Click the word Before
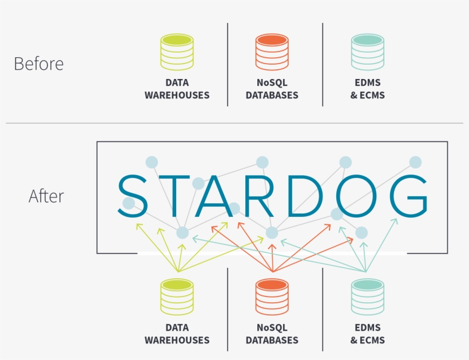coord(38,64)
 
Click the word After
coord(46,196)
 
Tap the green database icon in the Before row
coord(177,53)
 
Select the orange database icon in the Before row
coord(272,53)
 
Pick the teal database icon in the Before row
coord(367,53)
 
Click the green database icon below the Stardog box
coord(177,297)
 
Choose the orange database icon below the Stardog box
coord(272,297)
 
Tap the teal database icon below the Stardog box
coord(367,297)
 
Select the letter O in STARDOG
coord(357,195)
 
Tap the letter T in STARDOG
coord(174,196)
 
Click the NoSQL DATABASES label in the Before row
coord(272,89)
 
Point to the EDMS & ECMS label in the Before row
coord(367,89)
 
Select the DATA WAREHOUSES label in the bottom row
coord(177,334)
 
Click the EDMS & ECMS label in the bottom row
coord(367,334)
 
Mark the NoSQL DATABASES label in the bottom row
coord(272,334)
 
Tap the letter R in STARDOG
coord(261,196)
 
